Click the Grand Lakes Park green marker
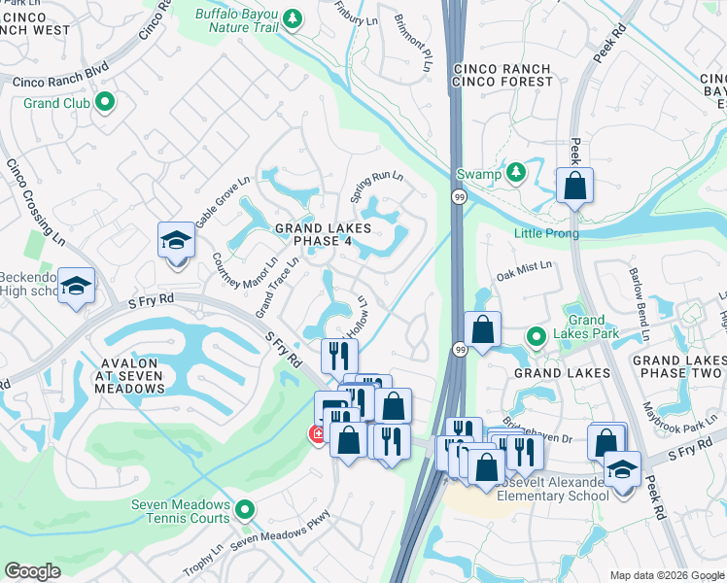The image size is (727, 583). (535, 336)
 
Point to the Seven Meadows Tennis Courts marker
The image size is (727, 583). (245, 509)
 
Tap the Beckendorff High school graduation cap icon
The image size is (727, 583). (76, 287)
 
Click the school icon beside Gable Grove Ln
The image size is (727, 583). (176, 240)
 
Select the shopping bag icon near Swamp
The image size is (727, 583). (574, 185)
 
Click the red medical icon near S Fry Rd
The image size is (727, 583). (316, 434)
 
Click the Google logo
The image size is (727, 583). (32, 571)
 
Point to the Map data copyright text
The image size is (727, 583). (665, 575)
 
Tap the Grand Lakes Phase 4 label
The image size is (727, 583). (323, 236)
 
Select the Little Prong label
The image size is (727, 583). (546, 233)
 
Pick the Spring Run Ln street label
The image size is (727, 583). (375, 185)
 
